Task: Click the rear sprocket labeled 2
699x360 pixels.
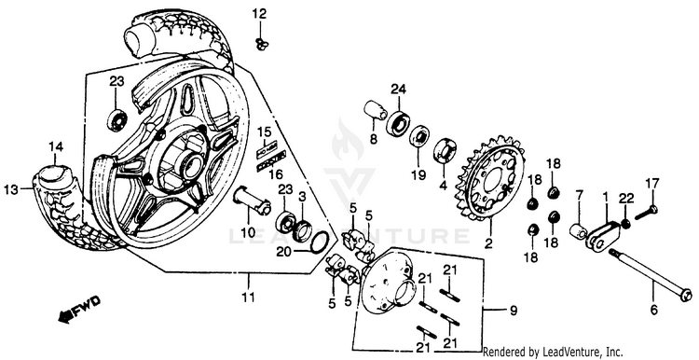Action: pyautogui.click(x=490, y=178)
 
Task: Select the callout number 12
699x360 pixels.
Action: pyautogui.click(x=258, y=13)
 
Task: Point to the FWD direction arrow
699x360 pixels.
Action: pyautogui.click(x=79, y=309)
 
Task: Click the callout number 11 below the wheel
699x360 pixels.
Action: pyautogui.click(x=248, y=297)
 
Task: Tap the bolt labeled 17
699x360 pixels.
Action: pyautogui.click(x=646, y=212)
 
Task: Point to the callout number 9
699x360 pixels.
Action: pyautogui.click(x=514, y=311)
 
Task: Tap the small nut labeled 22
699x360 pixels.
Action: pyautogui.click(x=626, y=224)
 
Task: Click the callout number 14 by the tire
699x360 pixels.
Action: pyautogui.click(x=56, y=146)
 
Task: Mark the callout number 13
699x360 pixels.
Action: pyautogui.click(x=11, y=189)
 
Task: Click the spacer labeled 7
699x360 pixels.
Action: pyautogui.click(x=579, y=231)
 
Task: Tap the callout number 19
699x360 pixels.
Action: pyautogui.click(x=418, y=174)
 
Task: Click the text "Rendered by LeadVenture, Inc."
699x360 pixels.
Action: pyautogui.click(x=553, y=352)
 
